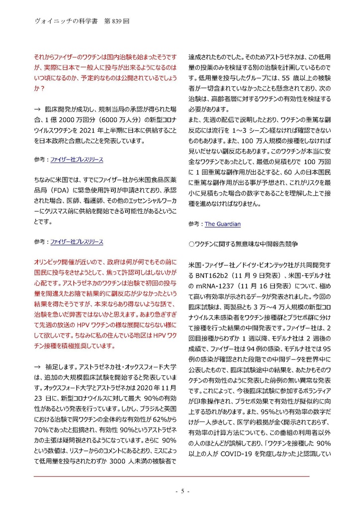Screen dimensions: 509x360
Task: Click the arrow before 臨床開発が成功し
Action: coord(37,109)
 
